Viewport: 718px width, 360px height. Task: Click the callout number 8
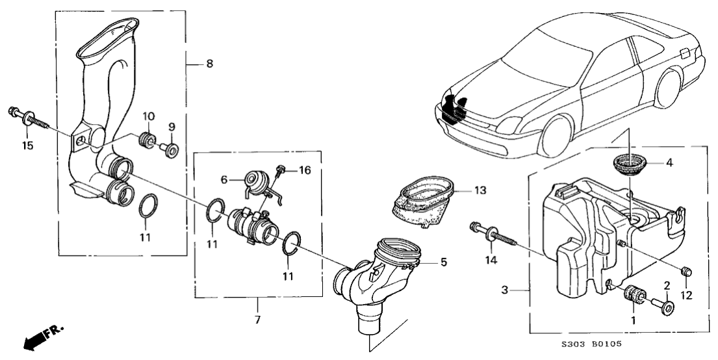tap(209, 64)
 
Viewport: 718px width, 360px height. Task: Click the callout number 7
tap(257, 303)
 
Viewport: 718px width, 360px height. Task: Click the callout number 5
tap(443, 263)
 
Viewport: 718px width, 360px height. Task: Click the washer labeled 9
tap(172, 151)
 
